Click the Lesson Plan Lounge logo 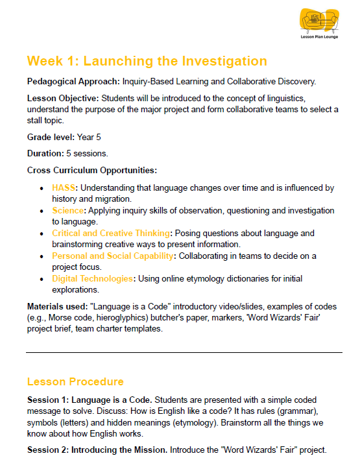317,24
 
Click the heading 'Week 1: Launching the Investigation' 147,61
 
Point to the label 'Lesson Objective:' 63,97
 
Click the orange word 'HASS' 64,188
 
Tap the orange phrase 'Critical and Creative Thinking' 112,233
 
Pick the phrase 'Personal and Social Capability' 113,256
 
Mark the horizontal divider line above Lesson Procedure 184,353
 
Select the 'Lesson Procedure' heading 75,381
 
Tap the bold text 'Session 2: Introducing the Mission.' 97,449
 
